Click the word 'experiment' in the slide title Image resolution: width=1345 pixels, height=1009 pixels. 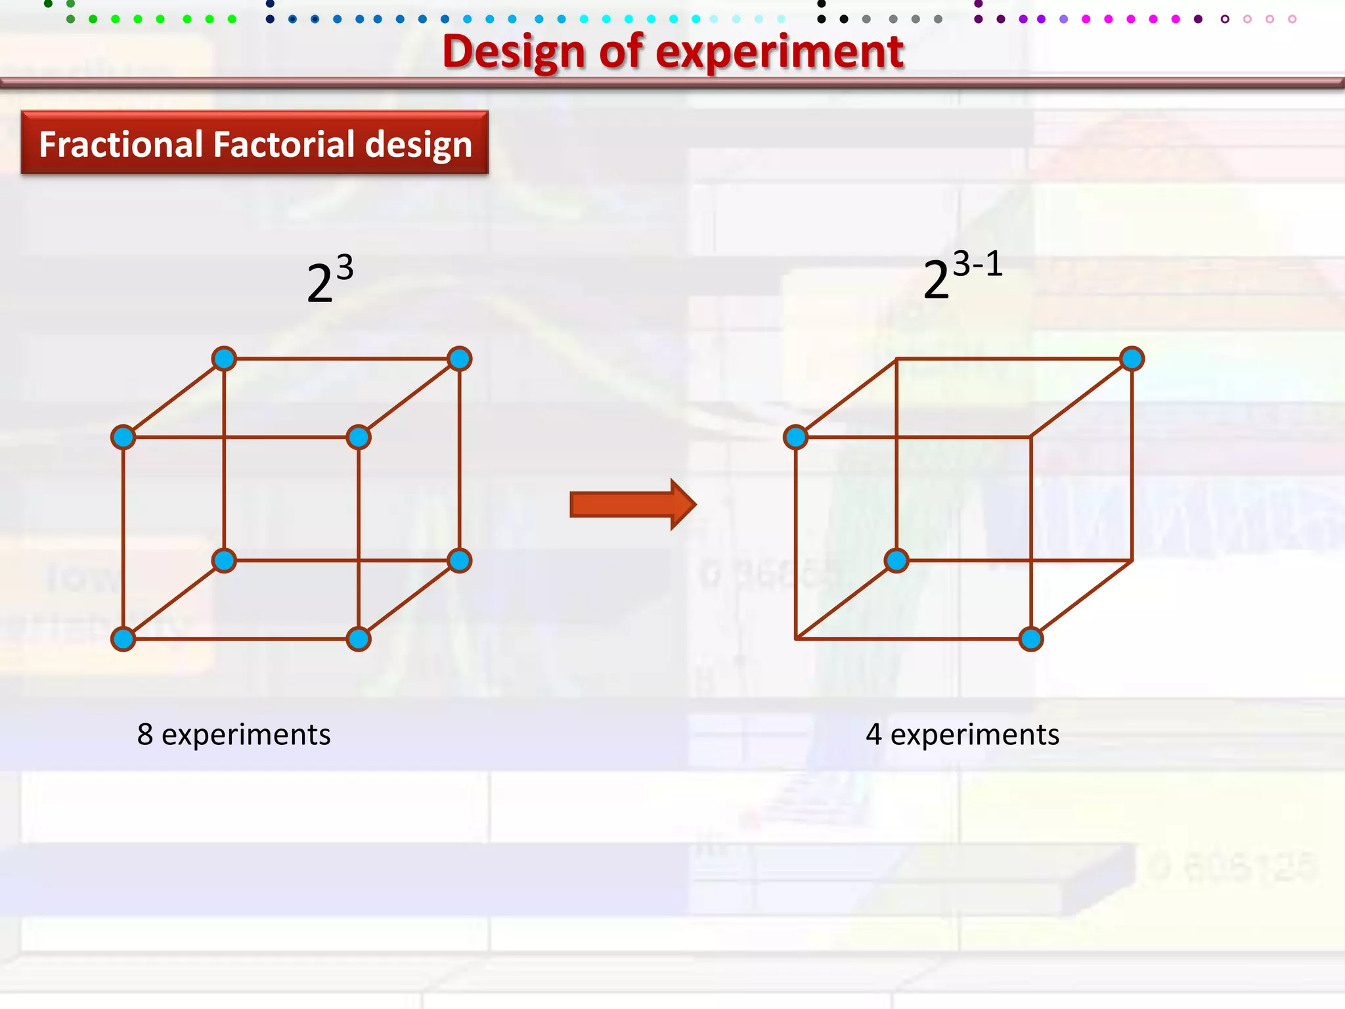[x=780, y=53]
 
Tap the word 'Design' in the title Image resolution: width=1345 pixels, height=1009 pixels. [x=514, y=53]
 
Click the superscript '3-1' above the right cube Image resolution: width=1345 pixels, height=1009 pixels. [x=977, y=264]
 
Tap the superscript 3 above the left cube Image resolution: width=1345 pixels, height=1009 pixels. [x=345, y=267]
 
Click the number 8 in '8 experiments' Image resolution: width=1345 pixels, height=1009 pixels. [x=145, y=734]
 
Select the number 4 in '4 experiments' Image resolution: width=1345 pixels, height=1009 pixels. [x=873, y=734]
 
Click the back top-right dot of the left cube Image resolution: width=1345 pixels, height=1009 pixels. [x=459, y=359]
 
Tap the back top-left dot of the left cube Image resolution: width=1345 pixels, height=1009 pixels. [x=224, y=359]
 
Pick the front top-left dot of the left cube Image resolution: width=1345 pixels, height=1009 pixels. [x=123, y=437]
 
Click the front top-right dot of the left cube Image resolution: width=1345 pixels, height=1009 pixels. [x=359, y=437]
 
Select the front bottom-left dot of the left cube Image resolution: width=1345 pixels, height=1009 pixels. [x=123, y=639]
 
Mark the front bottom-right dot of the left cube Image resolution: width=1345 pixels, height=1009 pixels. [x=359, y=639]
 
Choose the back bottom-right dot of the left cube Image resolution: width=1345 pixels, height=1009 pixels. [x=459, y=560]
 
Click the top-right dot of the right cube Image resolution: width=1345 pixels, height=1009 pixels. [x=1132, y=359]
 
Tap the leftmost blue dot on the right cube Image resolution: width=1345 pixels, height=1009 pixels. [x=795, y=437]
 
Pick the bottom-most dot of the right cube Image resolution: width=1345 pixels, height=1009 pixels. [x=1031, y=639]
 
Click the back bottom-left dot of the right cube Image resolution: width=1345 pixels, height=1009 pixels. [x=896, y=560]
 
